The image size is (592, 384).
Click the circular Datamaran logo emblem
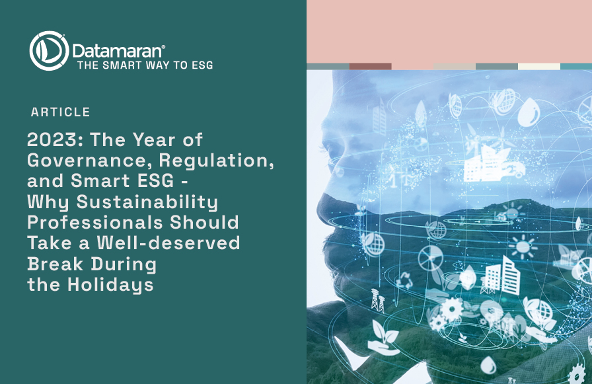coord(49,51)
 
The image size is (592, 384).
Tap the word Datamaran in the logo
coord(117,51)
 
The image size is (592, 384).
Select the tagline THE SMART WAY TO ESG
coord(145,65)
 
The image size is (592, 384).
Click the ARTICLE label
coord(60,112)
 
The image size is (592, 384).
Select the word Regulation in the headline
coord(216,161)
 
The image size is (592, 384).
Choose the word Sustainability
coord(147,202)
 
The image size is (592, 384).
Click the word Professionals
coord(95,222)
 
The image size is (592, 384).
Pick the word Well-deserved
coord(168,243)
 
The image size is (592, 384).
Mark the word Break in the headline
coord(55,263)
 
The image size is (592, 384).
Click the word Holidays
coord(110,285)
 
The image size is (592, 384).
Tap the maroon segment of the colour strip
coord(371,67)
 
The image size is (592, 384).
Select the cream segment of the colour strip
coord(538,67)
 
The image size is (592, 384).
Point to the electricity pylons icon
coord(377,300)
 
